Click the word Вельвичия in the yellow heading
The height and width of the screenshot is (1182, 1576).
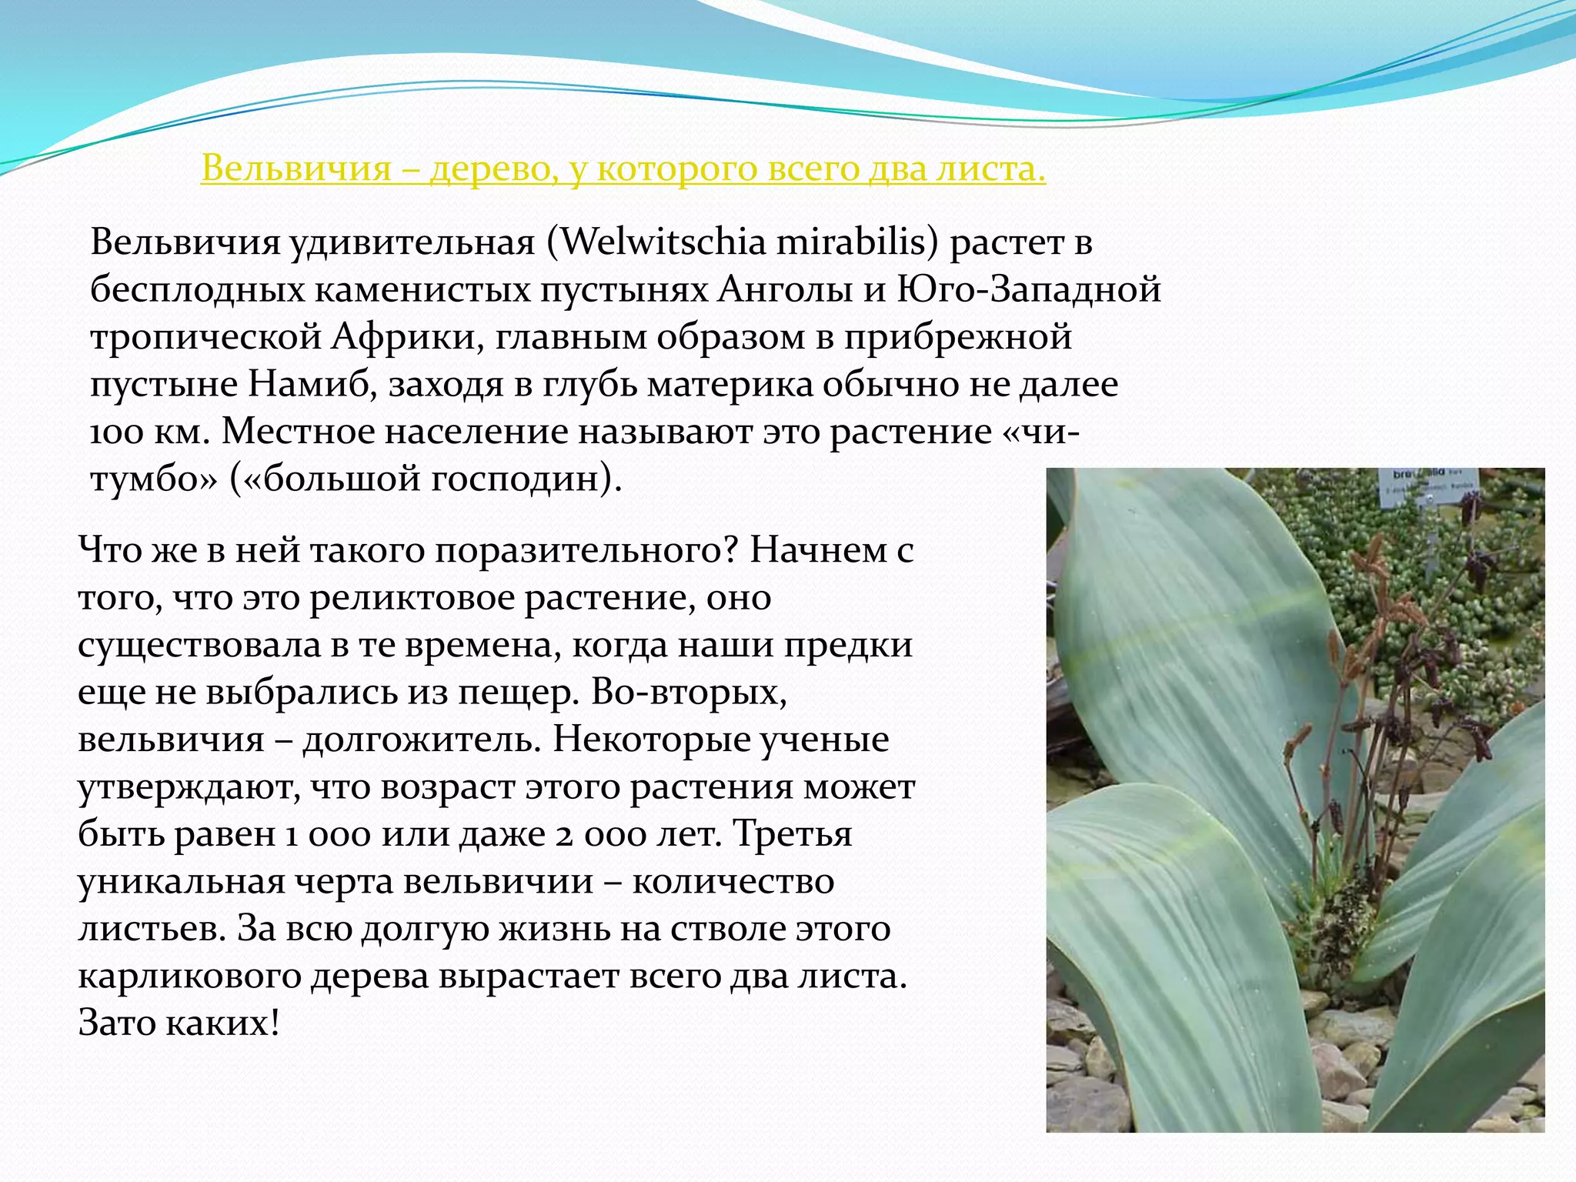(296, 169)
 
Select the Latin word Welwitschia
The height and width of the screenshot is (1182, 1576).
(663, 242)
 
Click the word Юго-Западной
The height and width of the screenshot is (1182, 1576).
(1030, 290)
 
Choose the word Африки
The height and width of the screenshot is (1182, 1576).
(403, 338)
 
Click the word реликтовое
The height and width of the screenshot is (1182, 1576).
(412, 598)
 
